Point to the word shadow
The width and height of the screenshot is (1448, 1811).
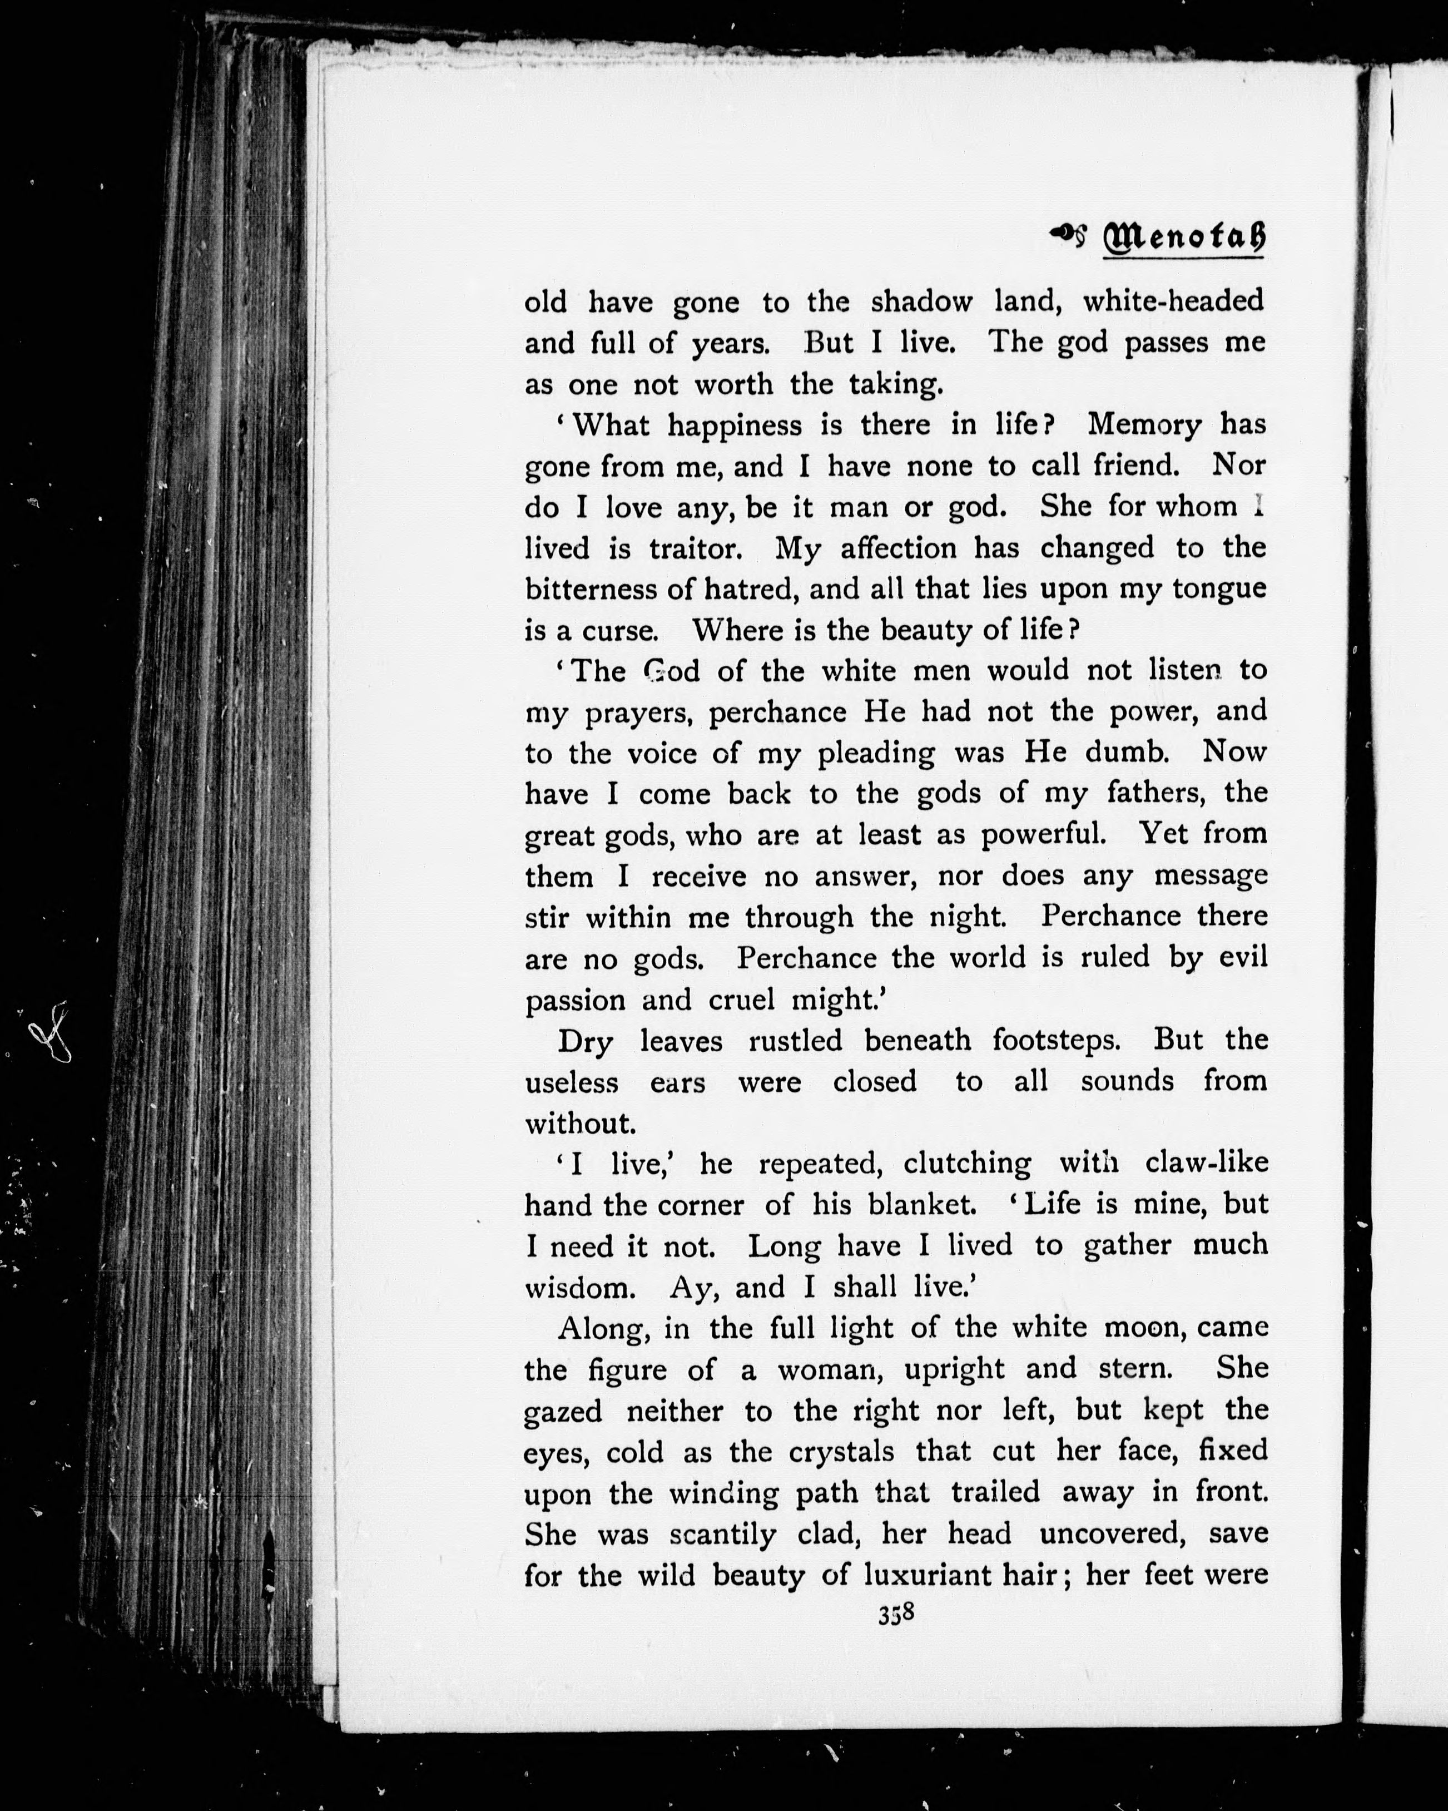921,301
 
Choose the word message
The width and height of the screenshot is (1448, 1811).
1211,875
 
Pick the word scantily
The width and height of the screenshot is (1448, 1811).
722,1534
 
